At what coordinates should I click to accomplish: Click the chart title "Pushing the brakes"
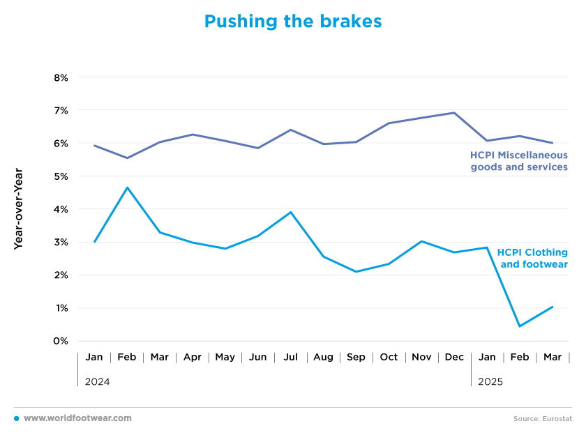coord(293,22)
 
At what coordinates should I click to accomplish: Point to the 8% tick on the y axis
coord(61,77)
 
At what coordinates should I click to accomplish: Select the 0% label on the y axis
coord(61,341)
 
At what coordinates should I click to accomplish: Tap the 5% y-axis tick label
coord(61,176)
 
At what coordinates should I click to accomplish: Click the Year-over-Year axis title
coord(18,208)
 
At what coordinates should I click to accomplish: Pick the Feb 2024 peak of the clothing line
coord(128,188)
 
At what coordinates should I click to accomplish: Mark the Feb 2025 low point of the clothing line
coord(520,326)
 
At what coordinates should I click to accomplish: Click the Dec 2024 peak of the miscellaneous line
coord(454,112)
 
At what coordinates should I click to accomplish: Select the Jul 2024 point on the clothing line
coord(291,212)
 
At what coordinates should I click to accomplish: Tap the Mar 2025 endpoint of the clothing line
coord(552,307)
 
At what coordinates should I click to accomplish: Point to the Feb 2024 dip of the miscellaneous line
coord(128,158)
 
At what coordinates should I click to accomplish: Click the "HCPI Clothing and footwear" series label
coord(532,259)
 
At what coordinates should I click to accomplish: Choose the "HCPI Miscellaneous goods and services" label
coord(519,161)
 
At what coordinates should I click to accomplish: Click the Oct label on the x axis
coord(389,357)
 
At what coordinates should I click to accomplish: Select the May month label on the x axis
coord(225,358)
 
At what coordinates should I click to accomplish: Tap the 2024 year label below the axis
coord(97,381)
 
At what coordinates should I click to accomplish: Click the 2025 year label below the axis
coord(490,381)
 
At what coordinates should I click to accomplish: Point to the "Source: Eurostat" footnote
coord(543,418)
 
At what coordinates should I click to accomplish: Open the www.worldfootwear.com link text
coord(77,418)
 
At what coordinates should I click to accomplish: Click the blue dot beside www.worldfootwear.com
coord(17,418)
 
